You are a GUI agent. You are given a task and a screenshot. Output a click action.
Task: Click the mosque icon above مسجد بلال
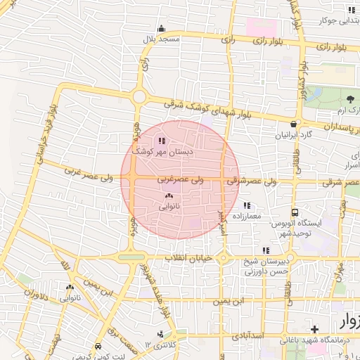click(x=162, y=29)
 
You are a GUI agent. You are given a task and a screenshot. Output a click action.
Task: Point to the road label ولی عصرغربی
click(x=181, y=180)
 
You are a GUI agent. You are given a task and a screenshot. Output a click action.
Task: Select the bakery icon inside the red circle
click(x=168, y=196)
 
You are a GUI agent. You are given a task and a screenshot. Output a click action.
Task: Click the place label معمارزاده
click(x=245, y=216)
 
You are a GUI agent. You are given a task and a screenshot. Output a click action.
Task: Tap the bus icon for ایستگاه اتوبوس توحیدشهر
click(x=295, y=212)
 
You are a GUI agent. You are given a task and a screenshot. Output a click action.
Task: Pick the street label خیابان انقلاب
click(x=188, y=258)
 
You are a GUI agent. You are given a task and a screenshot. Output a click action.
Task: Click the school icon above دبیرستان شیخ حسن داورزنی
click(x=266, y=250)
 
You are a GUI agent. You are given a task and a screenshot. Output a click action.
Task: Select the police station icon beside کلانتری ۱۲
click(x=161, y=334)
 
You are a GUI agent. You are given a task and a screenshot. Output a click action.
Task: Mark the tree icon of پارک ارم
click(x=350, y=99)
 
